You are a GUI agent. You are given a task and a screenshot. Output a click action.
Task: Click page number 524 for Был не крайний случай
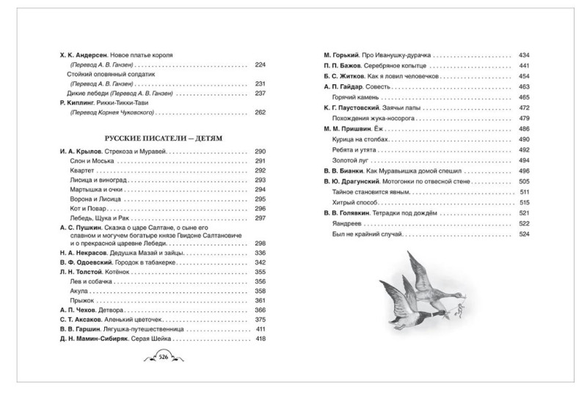tap(524, 234)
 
